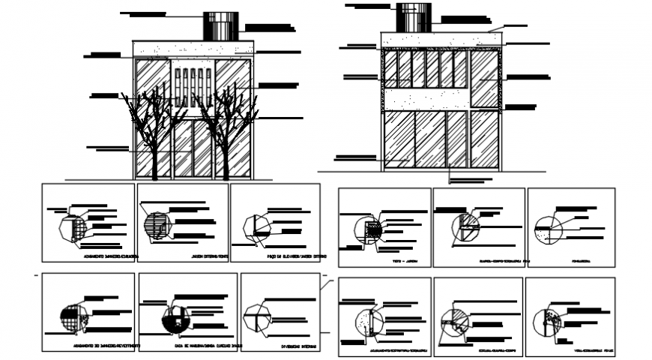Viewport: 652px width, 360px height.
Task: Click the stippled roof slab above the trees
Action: click(193, 49)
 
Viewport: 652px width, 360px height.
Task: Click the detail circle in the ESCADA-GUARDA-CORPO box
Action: click(454, 320)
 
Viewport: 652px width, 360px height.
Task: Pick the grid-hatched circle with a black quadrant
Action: click(72, 320)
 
